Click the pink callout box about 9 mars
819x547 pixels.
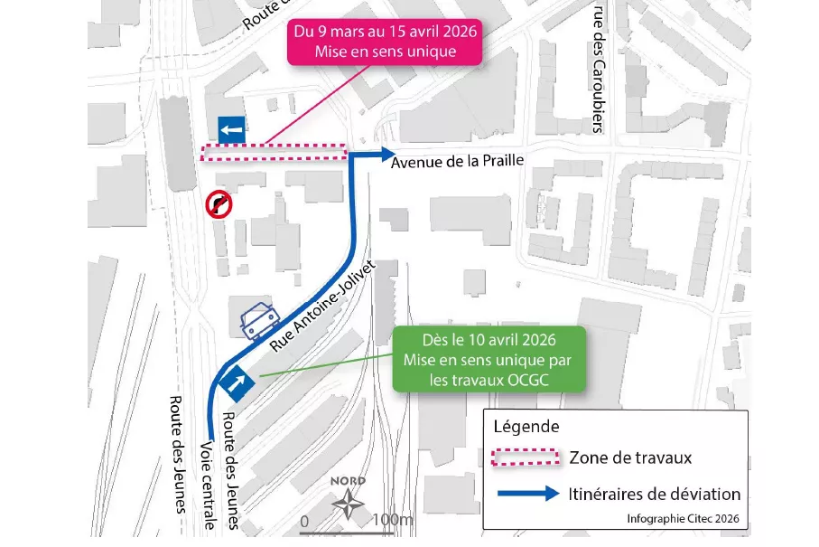tap(385, 42)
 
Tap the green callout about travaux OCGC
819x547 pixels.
tap(489, 360)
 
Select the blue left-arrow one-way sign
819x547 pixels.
tap(231, 129)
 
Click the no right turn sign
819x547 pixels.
tap(219, 204)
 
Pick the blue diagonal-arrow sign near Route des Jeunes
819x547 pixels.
tap(240, 382)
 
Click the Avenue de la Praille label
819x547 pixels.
tap(457, 162)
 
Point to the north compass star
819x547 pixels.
tap(349, 503)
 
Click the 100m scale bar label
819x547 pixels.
tap(392, 521)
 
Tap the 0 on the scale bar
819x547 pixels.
tap(304, 522)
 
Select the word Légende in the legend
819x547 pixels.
tap(526, 426)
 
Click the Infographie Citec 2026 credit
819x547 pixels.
tap(683, 519)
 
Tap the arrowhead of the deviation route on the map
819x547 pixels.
tap(386, 154)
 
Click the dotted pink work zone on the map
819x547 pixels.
tap(274, 152)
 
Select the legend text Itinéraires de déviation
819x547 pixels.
tap(655, 495)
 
